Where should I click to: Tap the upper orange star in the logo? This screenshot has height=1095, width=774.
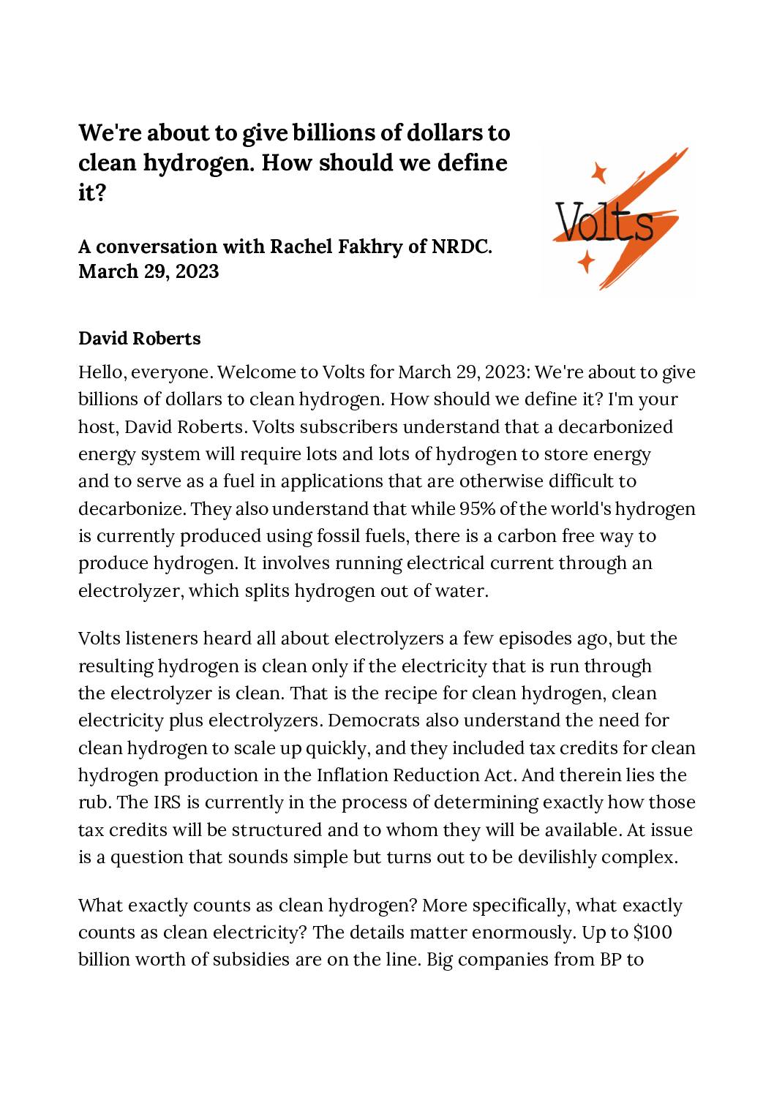(x=599, y=173)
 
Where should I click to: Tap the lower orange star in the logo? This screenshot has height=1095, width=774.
(x=585, y=260)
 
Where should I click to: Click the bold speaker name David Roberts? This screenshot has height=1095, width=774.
(x=139, y=339)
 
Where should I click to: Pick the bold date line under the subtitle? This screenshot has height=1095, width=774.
(x=149, y=271)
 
